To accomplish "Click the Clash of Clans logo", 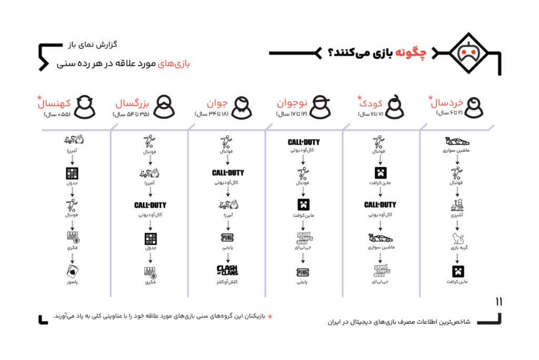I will [227, 270].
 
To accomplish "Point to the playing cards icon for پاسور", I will [72, 272].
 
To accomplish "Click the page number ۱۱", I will [498, 302].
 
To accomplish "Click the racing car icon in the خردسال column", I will [457, 141].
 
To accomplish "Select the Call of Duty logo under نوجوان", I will [303, 142].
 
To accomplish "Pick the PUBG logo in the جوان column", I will [227, 237].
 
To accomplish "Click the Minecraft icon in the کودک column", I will [381, 173].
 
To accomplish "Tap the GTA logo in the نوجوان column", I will [303, 238].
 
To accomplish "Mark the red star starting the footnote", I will [271, 316].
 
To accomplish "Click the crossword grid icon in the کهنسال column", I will [72, 173].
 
